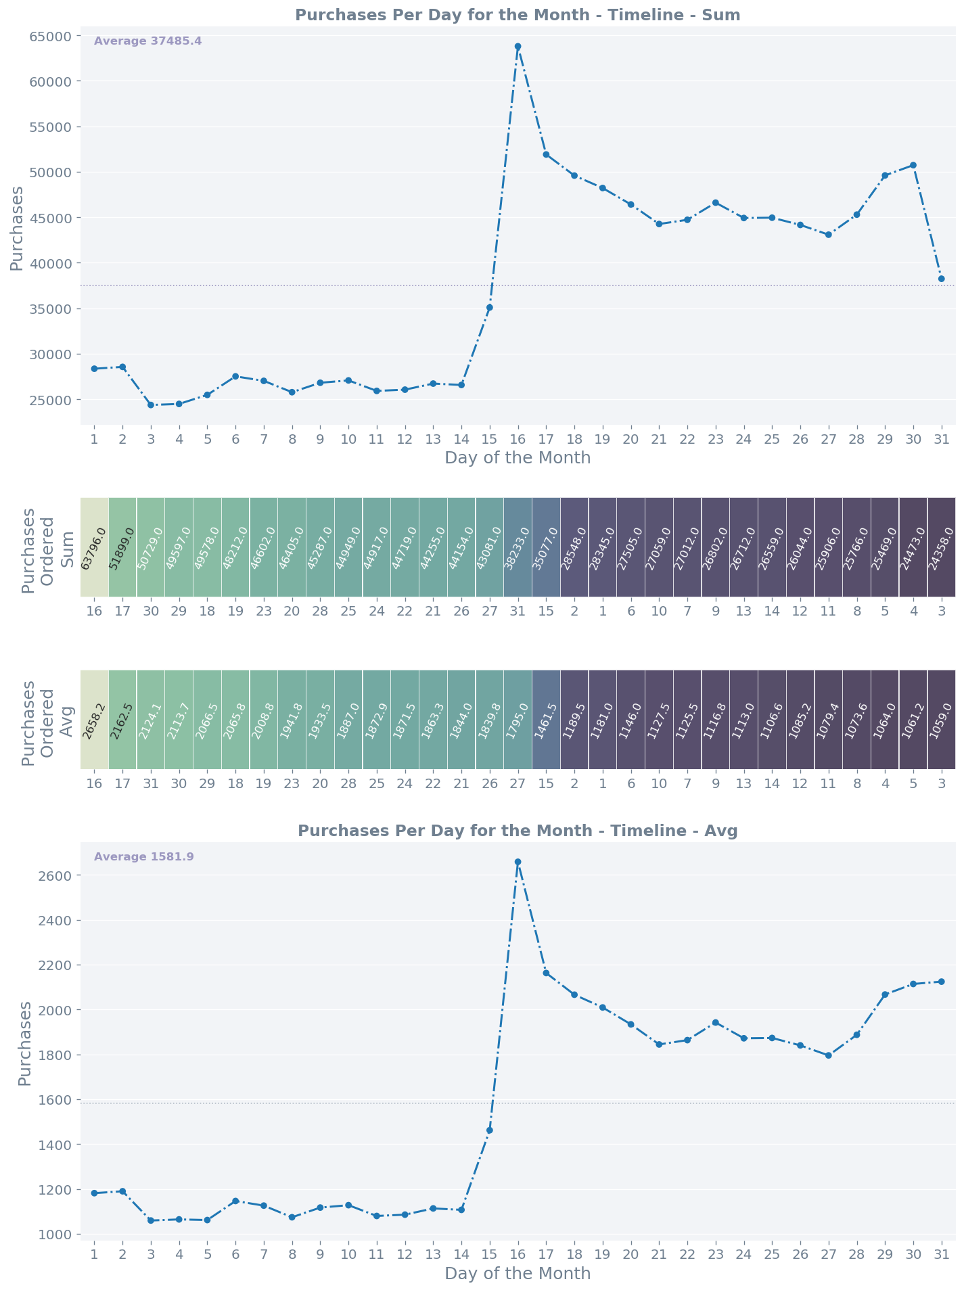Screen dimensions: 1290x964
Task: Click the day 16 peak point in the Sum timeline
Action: (x=518, y=47)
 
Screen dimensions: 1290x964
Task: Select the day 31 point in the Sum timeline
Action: (x=941, y=279)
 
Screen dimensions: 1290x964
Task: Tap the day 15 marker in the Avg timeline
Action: (x=490, y=1130)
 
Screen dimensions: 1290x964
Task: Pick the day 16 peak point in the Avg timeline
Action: (x=518, y=862)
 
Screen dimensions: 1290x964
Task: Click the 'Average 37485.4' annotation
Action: (x=147, y=41)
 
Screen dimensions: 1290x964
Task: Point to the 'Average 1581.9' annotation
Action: (x=144, y=857)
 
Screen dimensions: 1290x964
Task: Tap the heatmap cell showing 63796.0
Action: (x=95, y=547)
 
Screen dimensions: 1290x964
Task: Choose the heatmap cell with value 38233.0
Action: (x=518, y=547)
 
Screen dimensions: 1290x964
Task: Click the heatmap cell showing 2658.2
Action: (x=95, y=720)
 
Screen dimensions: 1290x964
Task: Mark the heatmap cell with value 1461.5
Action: (x=546, y=720)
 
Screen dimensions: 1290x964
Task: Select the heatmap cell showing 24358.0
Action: (x=941, y=547)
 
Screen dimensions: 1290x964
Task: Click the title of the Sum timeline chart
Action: (x=518, y=15)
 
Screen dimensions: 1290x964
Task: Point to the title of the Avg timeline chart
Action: (x=518, y=831)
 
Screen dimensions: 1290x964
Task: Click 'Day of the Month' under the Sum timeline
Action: (x=518, y=458)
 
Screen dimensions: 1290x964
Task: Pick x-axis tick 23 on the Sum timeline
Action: (x=715, y=438)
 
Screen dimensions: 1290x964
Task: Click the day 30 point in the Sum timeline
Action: (x=913, y=165)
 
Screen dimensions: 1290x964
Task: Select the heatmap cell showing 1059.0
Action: (x=941, y=720)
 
